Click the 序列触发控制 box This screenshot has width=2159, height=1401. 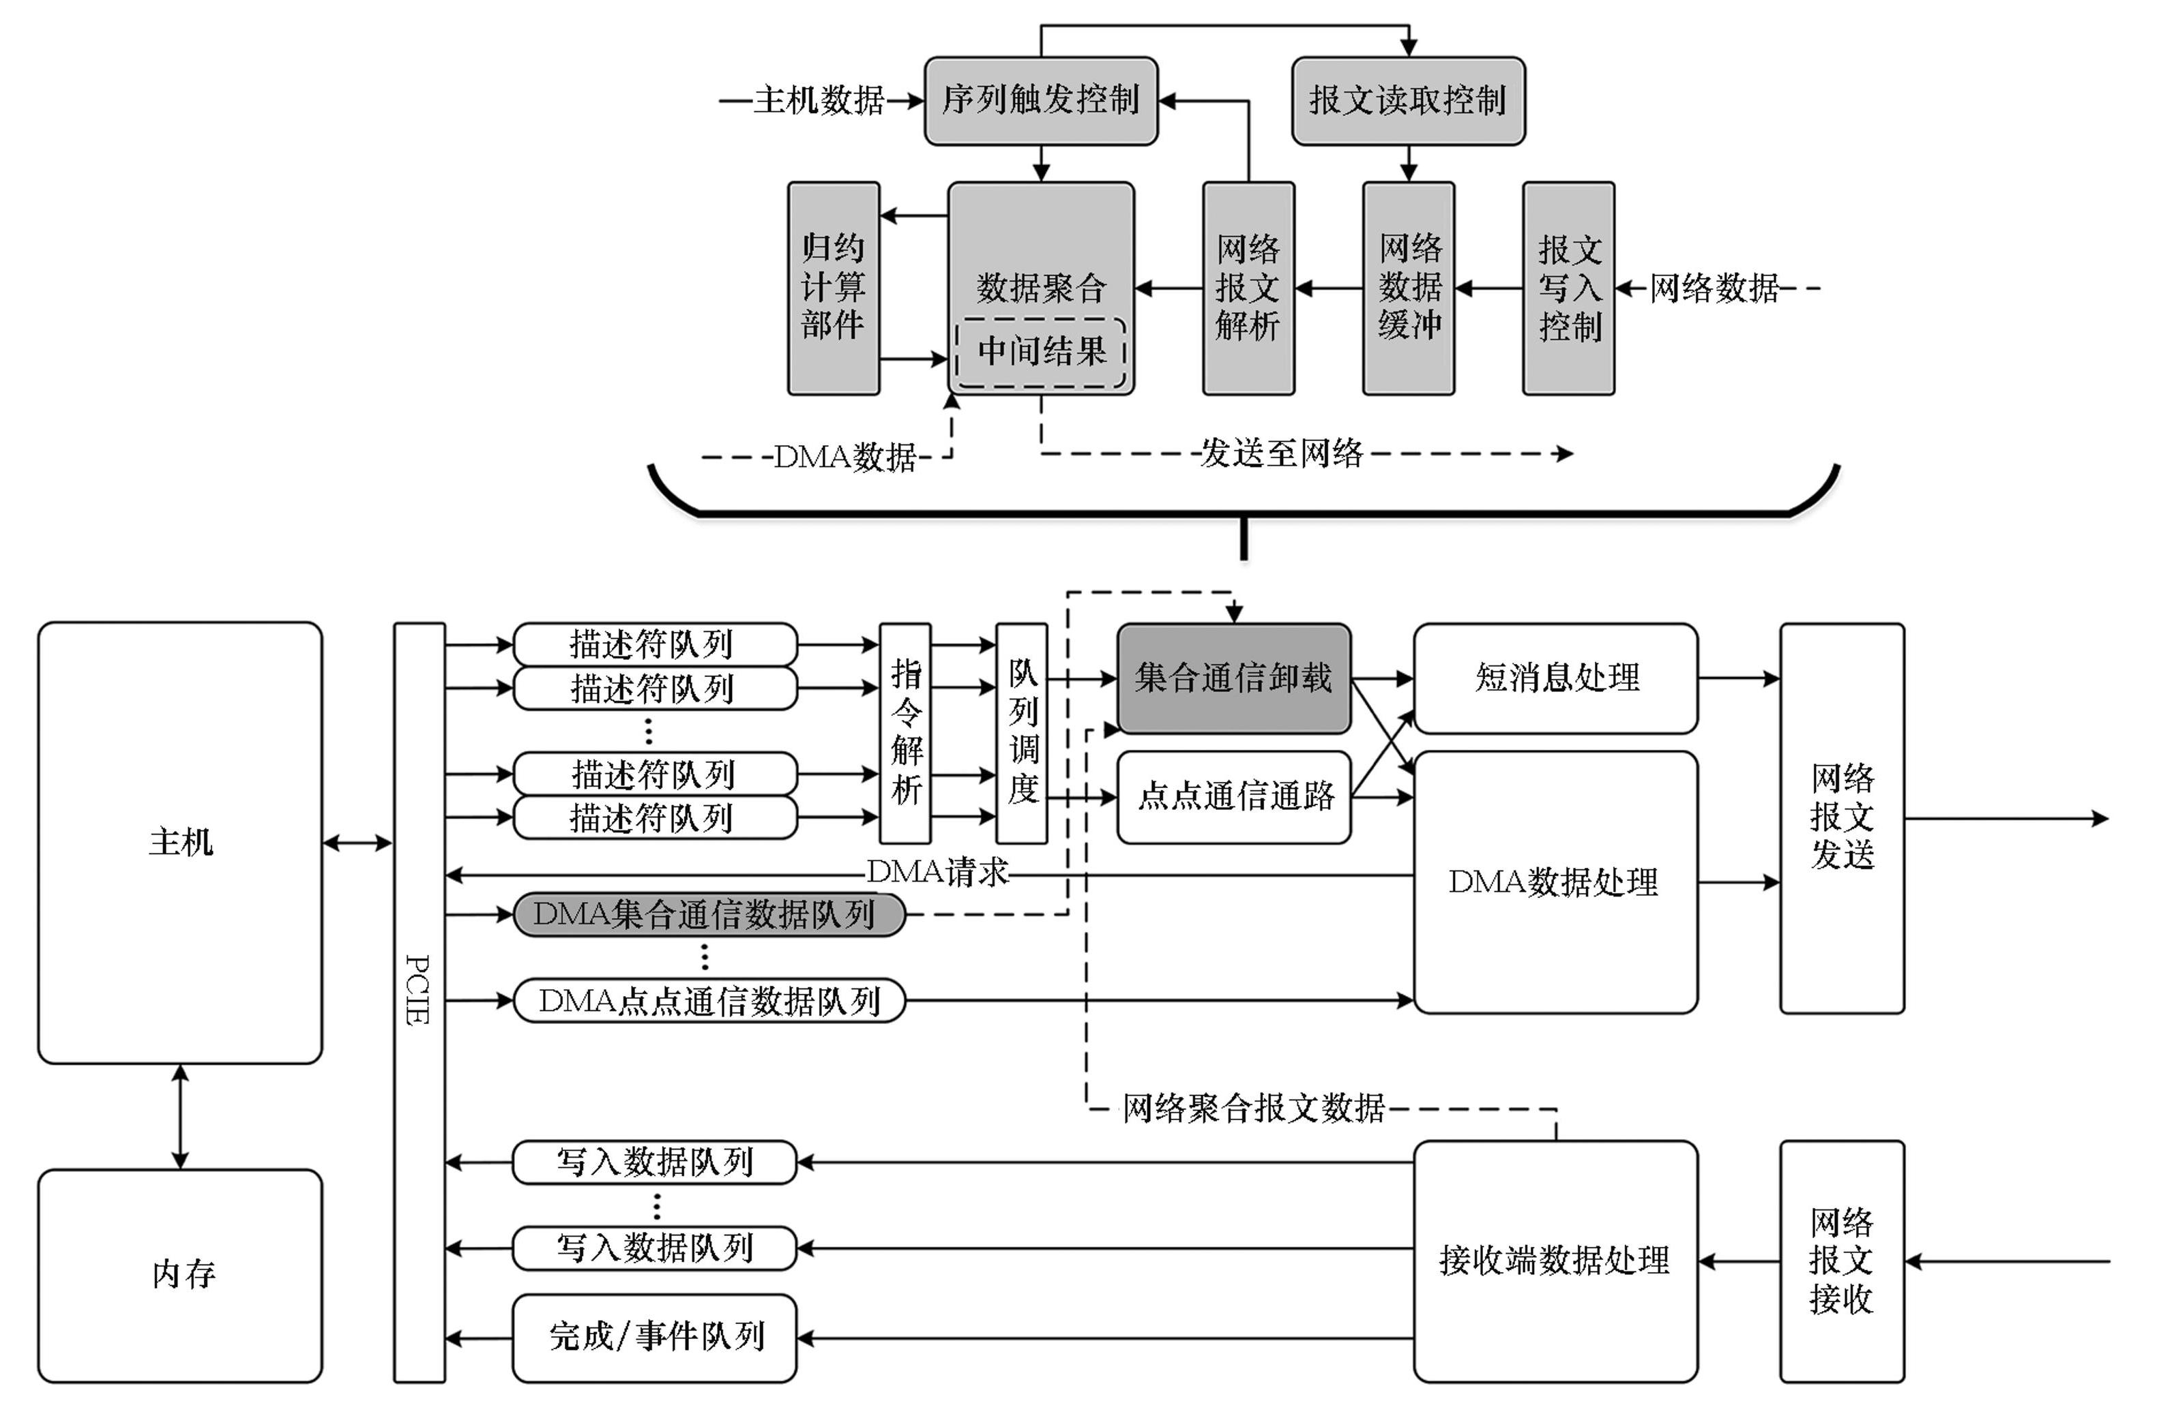(x=1040, y=101)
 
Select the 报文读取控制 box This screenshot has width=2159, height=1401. (x=1407, y=101)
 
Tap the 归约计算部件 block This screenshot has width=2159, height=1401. (x=833, y=288)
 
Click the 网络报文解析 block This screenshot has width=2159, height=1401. (x=1248, y=288)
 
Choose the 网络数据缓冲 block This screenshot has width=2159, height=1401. (x=1408, y=288)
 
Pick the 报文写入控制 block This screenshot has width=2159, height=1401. (x=1568, y=288)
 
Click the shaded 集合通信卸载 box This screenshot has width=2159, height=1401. (x=1233, y=678)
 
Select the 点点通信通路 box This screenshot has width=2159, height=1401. (x=1233, y=796)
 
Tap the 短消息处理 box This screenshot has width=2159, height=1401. (x=1555, y=678)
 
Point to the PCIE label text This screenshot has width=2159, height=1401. (x=417, y=989)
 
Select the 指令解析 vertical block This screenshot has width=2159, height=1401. (x=905, y=733)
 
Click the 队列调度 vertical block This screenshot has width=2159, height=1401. (x=1021, y=733)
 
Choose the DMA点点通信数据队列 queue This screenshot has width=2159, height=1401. (x=709, y=1000)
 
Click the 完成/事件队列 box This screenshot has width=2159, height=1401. (x=654, y=1337)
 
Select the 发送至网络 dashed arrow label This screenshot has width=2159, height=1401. (x=1281, y=453)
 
